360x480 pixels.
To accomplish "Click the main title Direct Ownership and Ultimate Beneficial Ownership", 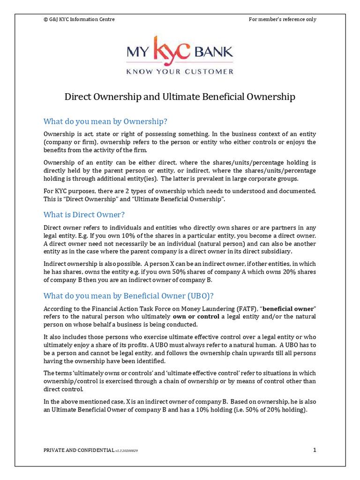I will [180, 97].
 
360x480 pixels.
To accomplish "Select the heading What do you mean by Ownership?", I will [105, 121].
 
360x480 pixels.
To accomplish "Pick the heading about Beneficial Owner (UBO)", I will [128, 296].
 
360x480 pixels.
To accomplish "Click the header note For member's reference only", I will [282, 19].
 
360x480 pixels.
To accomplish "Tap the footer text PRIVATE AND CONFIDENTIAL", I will [78, 450].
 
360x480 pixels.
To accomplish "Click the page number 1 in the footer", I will [315, 450].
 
